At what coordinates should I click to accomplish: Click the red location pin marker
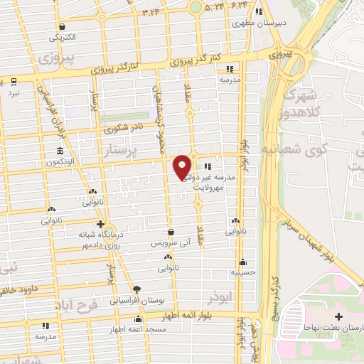pos(182,166)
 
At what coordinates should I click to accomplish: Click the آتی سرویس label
pos(171,242)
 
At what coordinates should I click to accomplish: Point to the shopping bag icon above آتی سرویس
pos(171,232)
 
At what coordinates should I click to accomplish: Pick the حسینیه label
pos(243,272)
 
